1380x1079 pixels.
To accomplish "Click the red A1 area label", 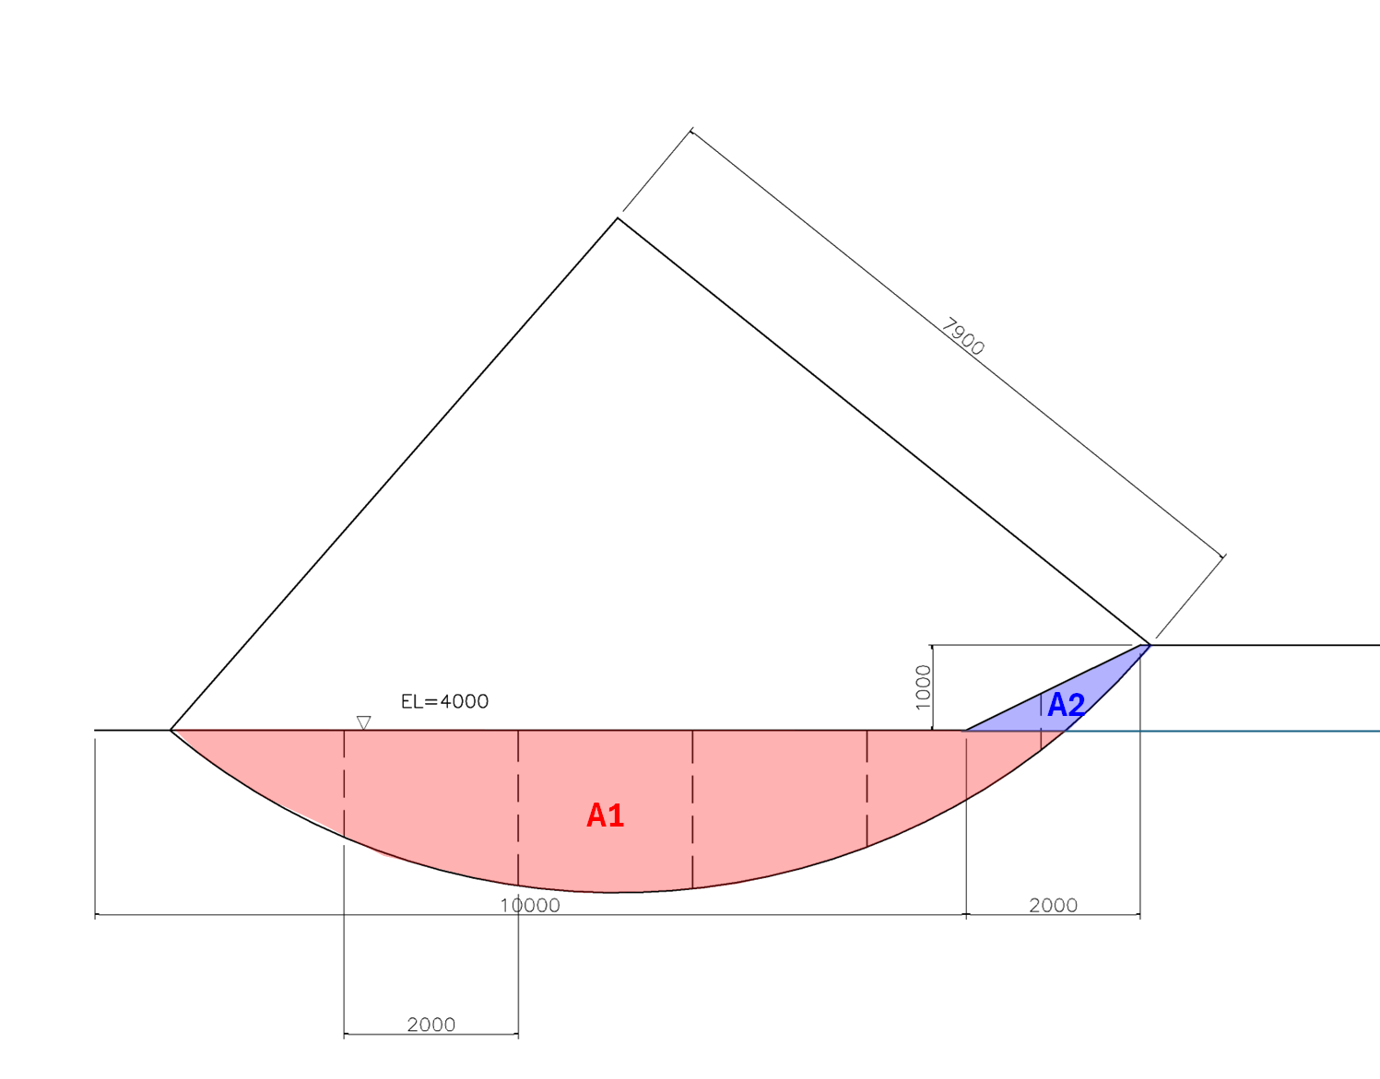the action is pyautogui.click(x=606, y=815).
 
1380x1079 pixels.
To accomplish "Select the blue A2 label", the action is pyautogui.click(x=1066, y=706).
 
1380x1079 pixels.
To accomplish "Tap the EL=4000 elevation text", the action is pyautogui.click(x=444, y=701).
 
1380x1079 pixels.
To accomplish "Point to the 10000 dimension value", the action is pyautogui.click(x=530, y=905).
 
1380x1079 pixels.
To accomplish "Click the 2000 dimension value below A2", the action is pyautogui.click(x=1053, y=905).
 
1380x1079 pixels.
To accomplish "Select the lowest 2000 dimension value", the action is pyautogui.click(x=431, y=1025).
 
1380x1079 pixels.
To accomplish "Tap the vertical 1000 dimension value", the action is pyautogui.click(x=923, y=687).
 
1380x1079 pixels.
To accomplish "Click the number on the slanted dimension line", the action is pyautogui.click(x=963, y=337).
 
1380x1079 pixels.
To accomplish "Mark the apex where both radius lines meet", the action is pyautogui.click(x=618, y=218).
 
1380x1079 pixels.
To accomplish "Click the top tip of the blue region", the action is pyautogui.click(x=1150, y=645).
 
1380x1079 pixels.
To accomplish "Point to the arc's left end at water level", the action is pyautogui.click(x=172, y=730).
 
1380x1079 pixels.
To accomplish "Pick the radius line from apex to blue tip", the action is pyautogui.click(x=883, y=431).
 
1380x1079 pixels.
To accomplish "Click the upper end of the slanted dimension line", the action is pyautogui.click(x=691, y=130).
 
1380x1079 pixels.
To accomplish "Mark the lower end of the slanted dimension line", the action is pyautogui.click(x=1224, y=556).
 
